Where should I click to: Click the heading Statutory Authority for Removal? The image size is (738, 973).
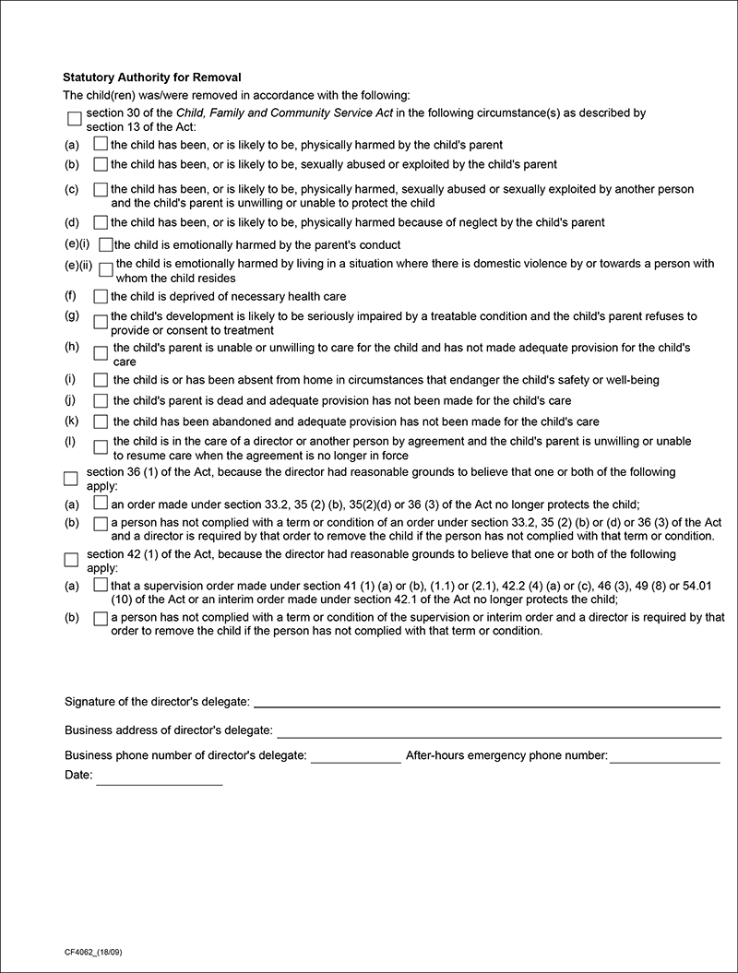click(x=152, y=77)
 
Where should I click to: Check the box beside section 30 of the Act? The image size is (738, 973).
click(x=75, y=119)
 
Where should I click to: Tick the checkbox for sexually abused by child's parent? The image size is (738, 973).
click(x=101, y=165)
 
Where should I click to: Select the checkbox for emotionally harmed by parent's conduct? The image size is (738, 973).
click(x=105, y=245)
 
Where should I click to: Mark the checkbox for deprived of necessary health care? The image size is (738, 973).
click(x=101, y=297)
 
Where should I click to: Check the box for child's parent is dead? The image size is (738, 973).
click(x=101, y=401)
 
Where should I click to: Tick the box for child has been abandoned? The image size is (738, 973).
click(x=101, y=421)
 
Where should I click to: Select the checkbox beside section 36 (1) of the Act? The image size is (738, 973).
click(x=71, y=478)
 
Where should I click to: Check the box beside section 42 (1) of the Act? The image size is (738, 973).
click(x=71, y=560)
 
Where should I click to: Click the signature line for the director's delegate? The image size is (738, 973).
click(x=486, y=705)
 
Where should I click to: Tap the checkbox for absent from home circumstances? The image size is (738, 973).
click(x=101, y=380)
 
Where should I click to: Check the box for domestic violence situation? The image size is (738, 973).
click(x=105, y=270)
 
